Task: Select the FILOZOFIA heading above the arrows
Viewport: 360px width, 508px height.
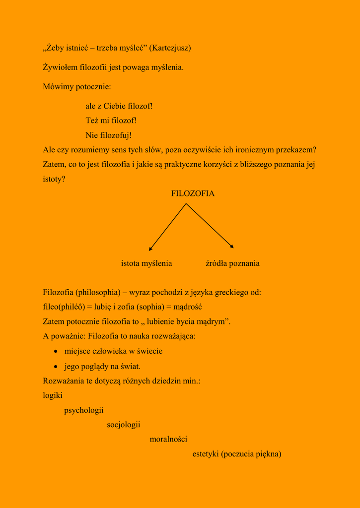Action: click(x=193, y=193)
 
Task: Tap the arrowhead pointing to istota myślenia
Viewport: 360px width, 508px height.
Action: click(x=150, y=249)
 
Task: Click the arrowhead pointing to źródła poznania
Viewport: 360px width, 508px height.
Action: click(x=232, y=247)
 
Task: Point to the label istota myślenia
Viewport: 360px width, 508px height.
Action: click(x=146, y=263)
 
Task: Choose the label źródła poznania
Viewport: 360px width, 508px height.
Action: click(x=232, y=263)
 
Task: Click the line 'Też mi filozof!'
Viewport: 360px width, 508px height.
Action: click(x=111, y=121)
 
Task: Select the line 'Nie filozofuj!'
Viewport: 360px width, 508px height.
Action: click(x=109, y=135)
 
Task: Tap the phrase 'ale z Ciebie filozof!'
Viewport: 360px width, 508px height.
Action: click(x=119, y=106)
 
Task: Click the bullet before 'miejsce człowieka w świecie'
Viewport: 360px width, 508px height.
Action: click(x=57, y=352)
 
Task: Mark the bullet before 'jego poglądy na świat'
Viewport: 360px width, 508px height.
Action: click(x=57, y=367)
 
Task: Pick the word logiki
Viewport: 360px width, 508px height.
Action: click(x=53, y=396)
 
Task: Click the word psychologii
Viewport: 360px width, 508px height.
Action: click(x=84, y=410)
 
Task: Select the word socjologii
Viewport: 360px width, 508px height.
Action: click(x=124, y=425)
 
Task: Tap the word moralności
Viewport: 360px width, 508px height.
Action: click(x=168, y=440)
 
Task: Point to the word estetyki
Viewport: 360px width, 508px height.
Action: click(x=206, y=454)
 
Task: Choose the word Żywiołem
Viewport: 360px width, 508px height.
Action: click(x=61, y=67)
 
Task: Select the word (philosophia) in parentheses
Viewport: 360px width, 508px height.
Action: click(x=98, y=292)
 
